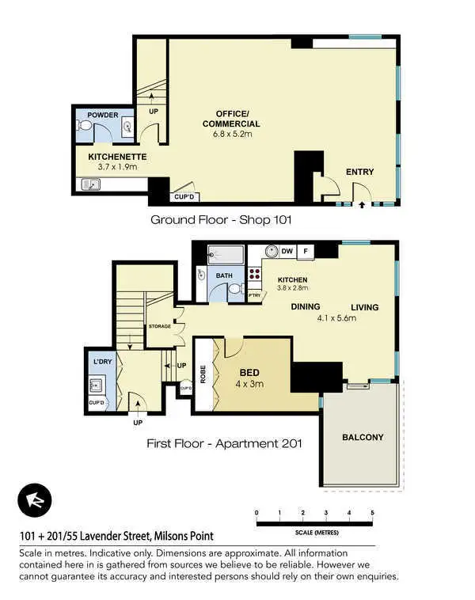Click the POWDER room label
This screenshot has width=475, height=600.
tap(103, 116)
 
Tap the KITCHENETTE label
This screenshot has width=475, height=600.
tap(117, 157)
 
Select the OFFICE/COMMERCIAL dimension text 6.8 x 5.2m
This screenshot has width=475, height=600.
tap(231, 135)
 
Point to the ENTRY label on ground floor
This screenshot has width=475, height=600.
tap(360, 172)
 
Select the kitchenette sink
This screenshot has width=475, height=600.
tap(89, 185)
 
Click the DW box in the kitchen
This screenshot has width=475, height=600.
tap(287, 252)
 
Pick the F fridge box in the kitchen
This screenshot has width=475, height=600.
tap(306, 252)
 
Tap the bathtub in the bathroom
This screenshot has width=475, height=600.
tap(226, 256)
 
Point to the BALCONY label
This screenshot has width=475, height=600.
tap(363, 437)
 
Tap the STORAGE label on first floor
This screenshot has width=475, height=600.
tap(160, 326)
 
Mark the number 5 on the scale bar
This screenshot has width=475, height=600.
tap(372, 514)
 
